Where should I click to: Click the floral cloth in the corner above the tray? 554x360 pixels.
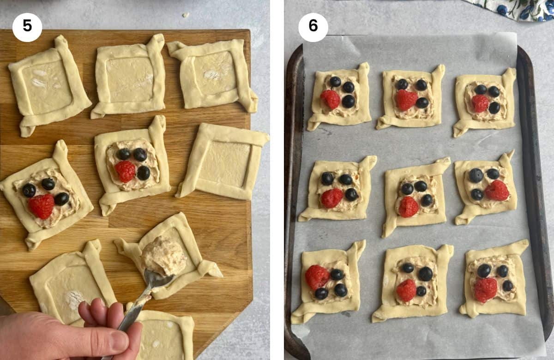(x=512, y=9)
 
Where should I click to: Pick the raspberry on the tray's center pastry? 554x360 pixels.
(x=408, y=207)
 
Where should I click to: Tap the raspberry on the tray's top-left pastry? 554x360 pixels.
(x=331, y=99)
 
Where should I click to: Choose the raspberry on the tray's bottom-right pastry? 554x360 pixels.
(x=485, y=289)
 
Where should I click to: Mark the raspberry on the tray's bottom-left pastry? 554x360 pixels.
(x=317, y=277)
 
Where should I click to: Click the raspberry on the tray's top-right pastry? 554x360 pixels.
(x=480, y=103)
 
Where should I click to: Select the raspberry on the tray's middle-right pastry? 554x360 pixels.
(x=497, y=190)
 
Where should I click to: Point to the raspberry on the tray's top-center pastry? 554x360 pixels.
(x=406, y=100)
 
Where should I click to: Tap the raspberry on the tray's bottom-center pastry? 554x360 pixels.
(x=406, y=290)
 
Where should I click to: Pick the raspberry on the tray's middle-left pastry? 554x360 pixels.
(x=331, y=198)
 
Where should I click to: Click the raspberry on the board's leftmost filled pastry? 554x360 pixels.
(x=42, y=206)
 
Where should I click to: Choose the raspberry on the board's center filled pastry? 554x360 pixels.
(x=125, y=171)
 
